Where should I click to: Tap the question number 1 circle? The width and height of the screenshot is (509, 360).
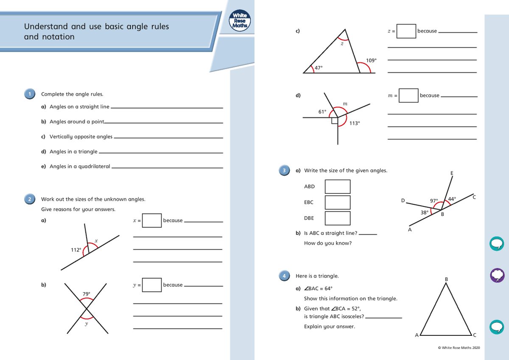click(30, 94)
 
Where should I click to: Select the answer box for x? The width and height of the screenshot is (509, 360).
click(152, 220)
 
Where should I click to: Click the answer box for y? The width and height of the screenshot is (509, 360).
click(152, 285)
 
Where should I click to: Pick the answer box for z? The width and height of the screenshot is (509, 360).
click(406, 31)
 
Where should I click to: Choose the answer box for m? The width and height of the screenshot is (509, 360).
click(408, 95)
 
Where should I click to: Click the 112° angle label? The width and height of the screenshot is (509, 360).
click(76, 250)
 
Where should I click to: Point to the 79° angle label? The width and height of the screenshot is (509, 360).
click(86, 293)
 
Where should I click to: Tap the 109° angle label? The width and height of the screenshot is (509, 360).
click(371, 61)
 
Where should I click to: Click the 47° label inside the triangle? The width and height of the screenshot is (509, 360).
click(319, 67)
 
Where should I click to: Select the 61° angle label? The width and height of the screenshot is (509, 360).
click(322, 112)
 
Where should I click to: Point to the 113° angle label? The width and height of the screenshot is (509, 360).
click(355, 123)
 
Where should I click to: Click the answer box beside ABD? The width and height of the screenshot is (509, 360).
click(338, 187)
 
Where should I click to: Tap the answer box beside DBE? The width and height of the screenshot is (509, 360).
click(338, 218)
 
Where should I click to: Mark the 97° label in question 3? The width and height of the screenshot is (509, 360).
click(433, 201)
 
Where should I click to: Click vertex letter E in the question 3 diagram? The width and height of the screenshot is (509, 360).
click(451, 173)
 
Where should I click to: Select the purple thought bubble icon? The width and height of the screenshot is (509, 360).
click(497, 275)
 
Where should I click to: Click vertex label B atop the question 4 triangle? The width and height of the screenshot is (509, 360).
click(446, 279)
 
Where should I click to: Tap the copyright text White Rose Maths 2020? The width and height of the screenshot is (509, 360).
click(459, 348)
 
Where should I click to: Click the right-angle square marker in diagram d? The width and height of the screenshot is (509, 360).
click(335, 121)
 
